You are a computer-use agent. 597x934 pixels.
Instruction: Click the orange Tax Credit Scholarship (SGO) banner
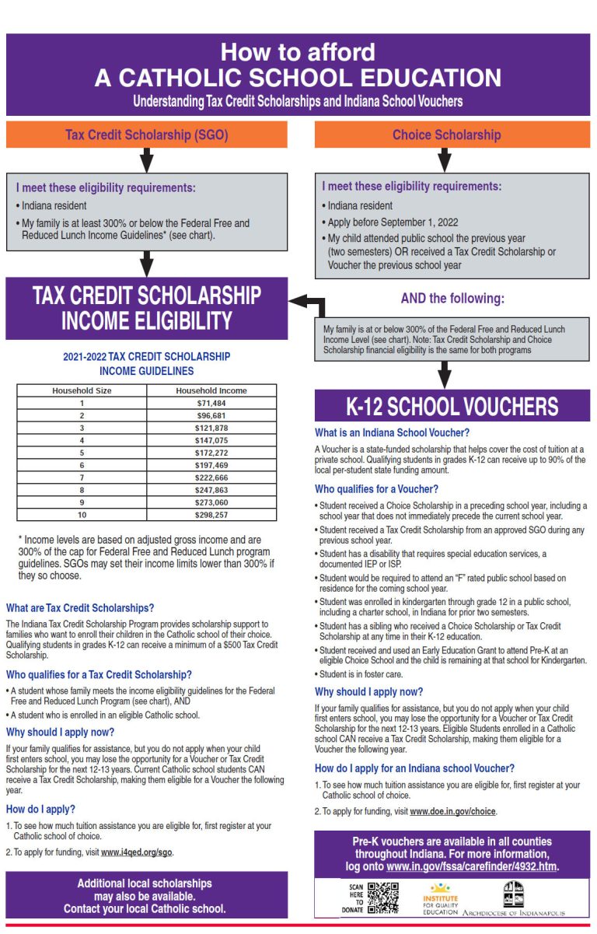[147, 135]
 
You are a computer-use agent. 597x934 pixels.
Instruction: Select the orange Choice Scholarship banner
[446, 135]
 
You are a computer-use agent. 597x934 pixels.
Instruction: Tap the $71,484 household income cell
[211, 403]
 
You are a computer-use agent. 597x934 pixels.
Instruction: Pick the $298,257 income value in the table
[211, 515]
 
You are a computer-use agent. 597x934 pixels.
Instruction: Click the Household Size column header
[82, 390]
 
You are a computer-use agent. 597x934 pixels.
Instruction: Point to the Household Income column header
[211, 390]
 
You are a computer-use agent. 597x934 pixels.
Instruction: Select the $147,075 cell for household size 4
[211, 440]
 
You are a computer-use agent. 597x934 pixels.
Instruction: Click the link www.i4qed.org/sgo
[137, 852]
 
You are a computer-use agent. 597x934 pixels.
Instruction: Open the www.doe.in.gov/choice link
[452, 811]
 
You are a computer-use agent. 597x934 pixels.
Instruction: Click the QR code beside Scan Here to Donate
[383, 897]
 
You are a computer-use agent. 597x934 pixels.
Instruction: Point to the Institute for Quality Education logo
[440, 898]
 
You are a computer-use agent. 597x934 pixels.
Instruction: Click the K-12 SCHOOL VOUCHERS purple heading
[452, 406]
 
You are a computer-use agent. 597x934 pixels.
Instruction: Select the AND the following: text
[452, 299]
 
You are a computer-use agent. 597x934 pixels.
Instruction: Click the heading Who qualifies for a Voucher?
[376, 489]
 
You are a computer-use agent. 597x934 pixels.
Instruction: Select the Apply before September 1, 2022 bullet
[386, 222]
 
